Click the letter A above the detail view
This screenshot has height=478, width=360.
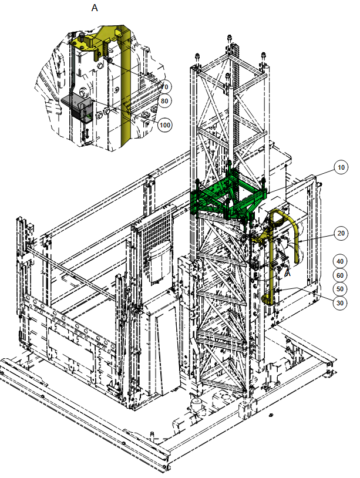pyautogui.click(x=95, y=9)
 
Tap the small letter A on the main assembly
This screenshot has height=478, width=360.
pyautogui.click(x=287, y=272)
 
